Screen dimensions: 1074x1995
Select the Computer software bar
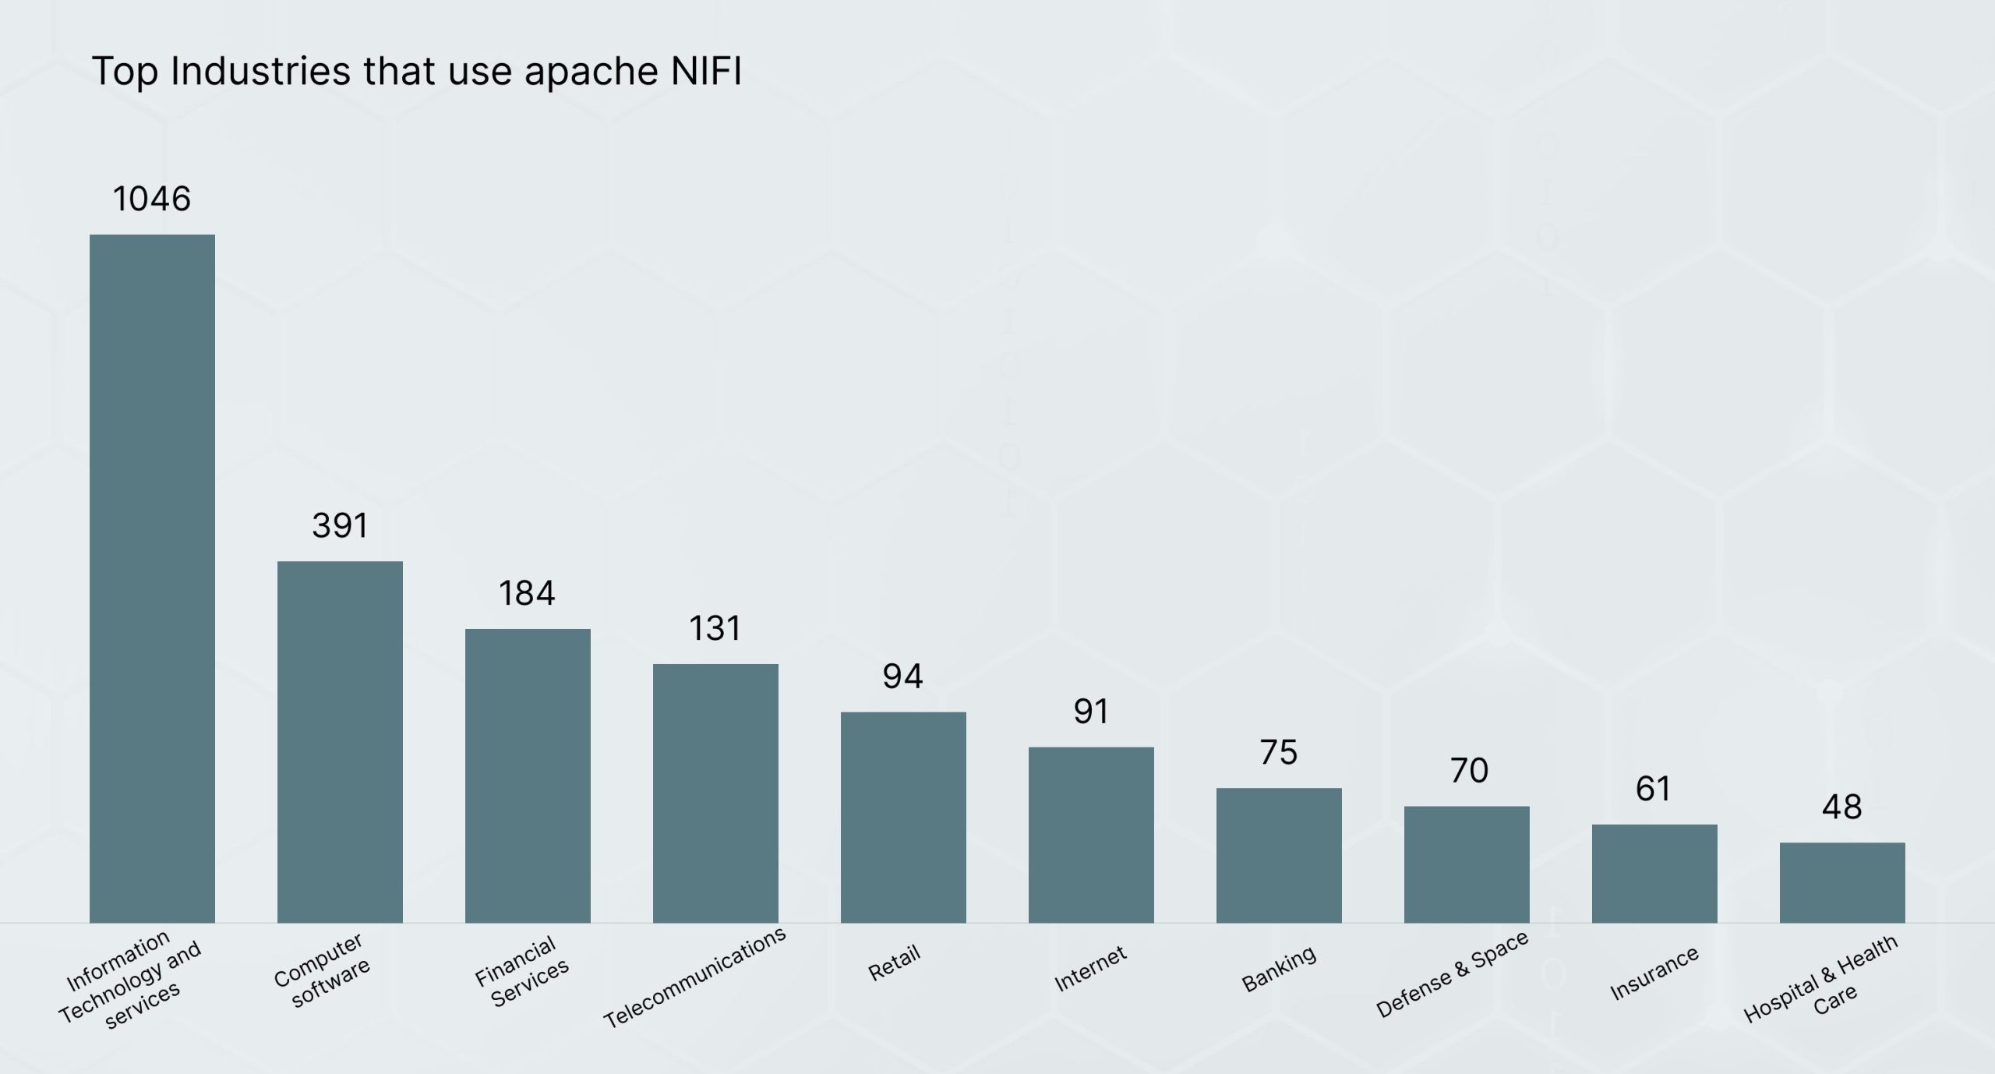tap(340, 741)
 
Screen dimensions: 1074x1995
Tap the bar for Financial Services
tap(528, 775)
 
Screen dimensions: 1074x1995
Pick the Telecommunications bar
tap(715, 793)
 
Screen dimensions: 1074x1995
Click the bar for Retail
tap(903, 817)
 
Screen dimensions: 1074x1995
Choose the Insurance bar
tap(1654, 873)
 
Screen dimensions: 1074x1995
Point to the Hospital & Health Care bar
tap(1842, 882)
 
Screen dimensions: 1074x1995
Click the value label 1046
tap(152, 199)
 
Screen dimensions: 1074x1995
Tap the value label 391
tap(340, 526)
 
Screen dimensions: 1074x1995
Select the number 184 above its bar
tap(528, 594)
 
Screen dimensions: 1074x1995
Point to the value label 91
tap(1091, 712)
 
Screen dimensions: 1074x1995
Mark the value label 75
tap(1279, 753)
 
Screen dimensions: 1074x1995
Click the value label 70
tap(1469, 771)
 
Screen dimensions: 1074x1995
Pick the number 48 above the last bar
tap(1842, 807)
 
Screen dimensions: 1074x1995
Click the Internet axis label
tap(1090, 969)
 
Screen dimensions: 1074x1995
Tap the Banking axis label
tap(1279, 969)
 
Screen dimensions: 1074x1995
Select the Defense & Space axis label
tap(1452, 974)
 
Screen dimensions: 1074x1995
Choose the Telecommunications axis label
tap(695, 977)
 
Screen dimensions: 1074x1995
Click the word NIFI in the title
tap(706, 71)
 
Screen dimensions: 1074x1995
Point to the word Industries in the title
tap(260, 71)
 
